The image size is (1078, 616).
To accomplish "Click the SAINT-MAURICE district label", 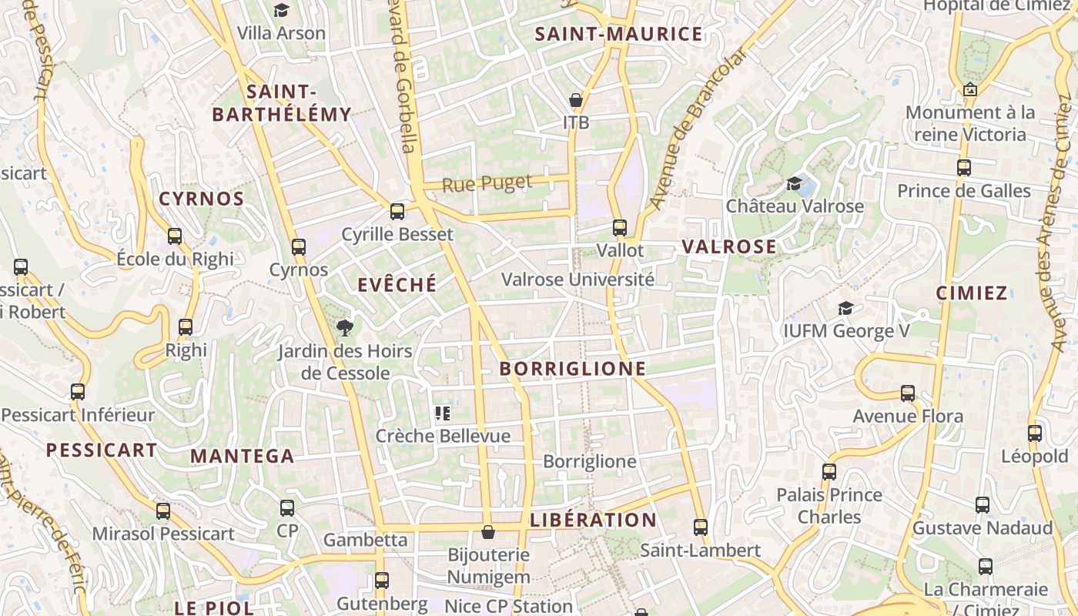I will (618, 34).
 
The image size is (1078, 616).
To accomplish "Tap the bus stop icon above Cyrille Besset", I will (397, 211).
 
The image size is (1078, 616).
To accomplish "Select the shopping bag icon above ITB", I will (575, 100).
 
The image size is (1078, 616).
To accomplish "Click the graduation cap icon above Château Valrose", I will (794, 183).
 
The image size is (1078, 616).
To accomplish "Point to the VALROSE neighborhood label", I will (729, 246).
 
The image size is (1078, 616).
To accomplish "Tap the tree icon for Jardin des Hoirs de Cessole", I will (345, 328).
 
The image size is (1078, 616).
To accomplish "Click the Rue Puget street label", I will (487, 183).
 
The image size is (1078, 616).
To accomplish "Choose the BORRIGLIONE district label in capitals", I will (573, 369).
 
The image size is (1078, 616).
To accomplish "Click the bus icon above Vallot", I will (620, 228).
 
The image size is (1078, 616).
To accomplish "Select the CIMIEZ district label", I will (972, 293).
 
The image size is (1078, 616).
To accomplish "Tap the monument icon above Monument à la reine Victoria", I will (969, 89).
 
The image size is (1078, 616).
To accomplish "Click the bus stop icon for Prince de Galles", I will (963, 168).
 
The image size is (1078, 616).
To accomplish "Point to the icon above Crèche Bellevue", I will (442, 413).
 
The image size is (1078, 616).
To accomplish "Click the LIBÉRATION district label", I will (593, 520).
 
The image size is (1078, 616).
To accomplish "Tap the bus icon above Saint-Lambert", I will (700, 527).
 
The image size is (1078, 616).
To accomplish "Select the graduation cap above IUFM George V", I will (845, 308).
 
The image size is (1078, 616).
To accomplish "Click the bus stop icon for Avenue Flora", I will (908, 393).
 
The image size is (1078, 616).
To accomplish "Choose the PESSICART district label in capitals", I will (102, 450).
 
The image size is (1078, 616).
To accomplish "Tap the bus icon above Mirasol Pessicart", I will (162, 511).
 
